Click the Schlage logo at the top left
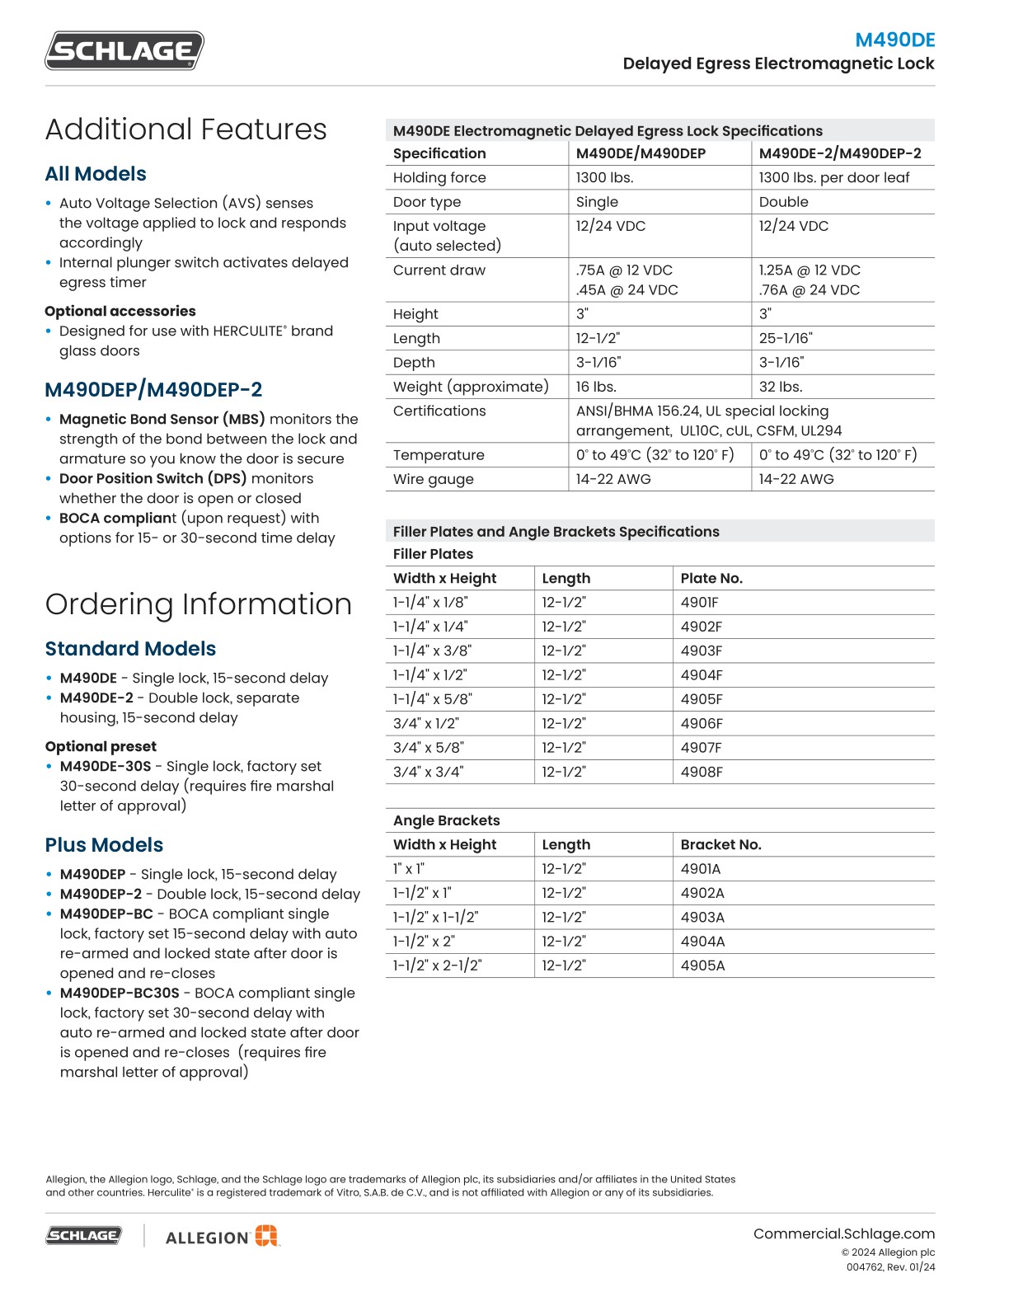(x=124, y=50)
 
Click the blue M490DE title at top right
(x=894, y=40)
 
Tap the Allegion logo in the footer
(x=223, y=1236)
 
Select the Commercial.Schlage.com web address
(x=843, y=1233)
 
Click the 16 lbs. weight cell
(x=596, y=387)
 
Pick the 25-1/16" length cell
(x=785, y=338)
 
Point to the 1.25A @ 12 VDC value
(x=809, y=270)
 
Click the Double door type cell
(x=783, y=202)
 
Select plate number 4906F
(x=701, y=723)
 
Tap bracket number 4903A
(x=702, y=917)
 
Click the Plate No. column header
(x=711, y=578)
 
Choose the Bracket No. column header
(x=720, y=844)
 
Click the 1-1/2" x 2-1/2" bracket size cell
(x=437, y=965)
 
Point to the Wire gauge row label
(x=433, y=479)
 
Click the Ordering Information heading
(x=198, y=604)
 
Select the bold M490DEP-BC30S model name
(x=120, y=993)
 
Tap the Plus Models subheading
(x=104, y=845)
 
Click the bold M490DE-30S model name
(x=106, y=766)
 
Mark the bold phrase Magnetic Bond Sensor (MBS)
(x=162, y=419)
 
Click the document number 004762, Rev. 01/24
(x=890, y=1267)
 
